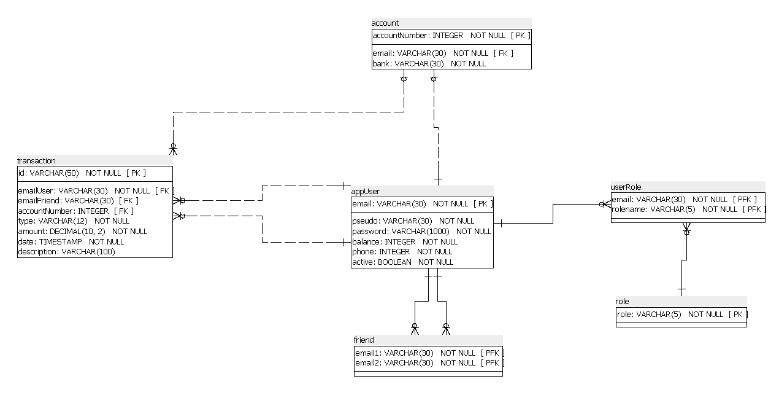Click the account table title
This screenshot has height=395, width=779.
tap(385, 23)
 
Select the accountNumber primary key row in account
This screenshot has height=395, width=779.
tap(451, 36)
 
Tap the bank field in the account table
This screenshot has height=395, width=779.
tap(429, 63)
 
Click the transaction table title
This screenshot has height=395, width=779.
tap(36, 160)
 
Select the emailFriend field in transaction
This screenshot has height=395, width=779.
tap(78, 200)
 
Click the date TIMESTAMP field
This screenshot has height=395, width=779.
tap(71, 241)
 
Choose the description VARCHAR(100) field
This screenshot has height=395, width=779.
tap(66, 251)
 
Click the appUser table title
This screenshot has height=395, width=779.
tap(366, 191)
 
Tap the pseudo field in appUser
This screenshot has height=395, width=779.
tap(413, 221)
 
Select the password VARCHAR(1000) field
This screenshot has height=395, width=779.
tap(421, 231)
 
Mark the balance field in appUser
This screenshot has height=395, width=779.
tap(404, 241)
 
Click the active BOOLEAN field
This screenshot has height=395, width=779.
tap(402, 262)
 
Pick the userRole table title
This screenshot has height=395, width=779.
tap(626, 187)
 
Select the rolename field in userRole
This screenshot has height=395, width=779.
tap(688, 209)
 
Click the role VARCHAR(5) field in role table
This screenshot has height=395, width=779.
tap(681, 315)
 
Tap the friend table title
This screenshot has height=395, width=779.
tap(364, 340)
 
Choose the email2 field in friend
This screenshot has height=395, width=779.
tap(429, 363)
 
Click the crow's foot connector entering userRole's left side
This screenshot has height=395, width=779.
tap(605, 205)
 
